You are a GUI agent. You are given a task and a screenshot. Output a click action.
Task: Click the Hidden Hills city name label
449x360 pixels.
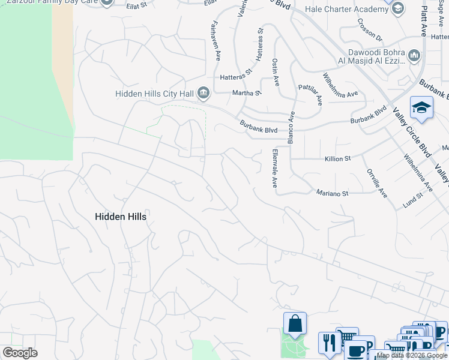tap(121, 217)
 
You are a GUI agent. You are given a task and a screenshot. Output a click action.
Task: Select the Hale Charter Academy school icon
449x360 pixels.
tap(397, 9)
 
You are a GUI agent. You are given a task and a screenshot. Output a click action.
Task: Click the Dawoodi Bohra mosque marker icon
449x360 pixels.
tap(414, 56)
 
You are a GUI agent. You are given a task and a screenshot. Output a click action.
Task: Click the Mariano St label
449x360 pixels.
tap(333, 193)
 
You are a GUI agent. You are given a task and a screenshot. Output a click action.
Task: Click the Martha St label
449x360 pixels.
tap(247, 93)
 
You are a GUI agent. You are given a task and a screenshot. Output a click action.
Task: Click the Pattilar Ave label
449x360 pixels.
tap(311, 92)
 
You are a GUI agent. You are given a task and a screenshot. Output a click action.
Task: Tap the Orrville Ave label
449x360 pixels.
tap(376, 183)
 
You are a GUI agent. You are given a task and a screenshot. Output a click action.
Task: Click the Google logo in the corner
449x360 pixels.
tap(20, 353)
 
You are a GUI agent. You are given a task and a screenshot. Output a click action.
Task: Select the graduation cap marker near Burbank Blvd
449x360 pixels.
tap(421, 108)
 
